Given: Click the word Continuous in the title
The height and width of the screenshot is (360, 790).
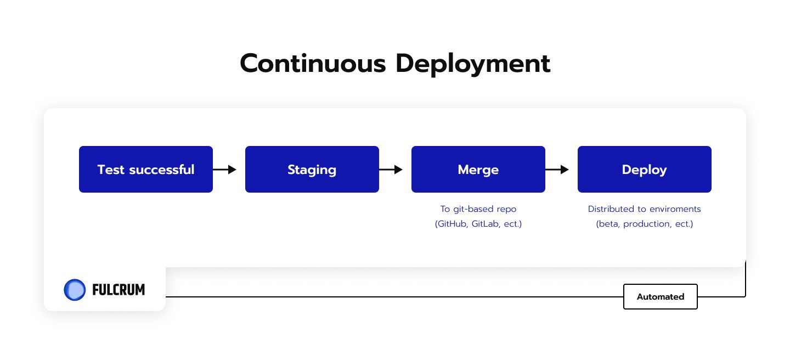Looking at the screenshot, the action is click(313, 64).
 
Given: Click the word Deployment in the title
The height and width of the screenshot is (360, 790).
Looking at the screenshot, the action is click(473, 64).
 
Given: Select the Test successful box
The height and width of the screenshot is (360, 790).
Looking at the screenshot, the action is click(146, 169).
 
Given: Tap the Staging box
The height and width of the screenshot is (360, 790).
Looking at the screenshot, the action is click(312, 169).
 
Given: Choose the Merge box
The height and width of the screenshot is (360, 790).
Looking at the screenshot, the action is click(478, 169).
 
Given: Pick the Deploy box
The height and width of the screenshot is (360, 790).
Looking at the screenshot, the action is click(644, 169).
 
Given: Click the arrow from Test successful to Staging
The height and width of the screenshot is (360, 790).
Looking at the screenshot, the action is click(225, 170).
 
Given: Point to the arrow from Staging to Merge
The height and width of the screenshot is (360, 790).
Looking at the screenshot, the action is click(391, 170).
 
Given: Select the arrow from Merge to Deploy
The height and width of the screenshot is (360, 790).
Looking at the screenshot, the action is click(557, 170).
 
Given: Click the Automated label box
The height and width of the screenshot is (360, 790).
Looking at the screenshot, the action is click(660, 296).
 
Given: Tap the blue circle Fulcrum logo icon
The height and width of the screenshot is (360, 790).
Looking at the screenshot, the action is click(75, 290).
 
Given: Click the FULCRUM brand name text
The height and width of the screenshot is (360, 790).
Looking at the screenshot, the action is click(119, 290).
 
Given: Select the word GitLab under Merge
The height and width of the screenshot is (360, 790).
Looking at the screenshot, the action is click(486, 224).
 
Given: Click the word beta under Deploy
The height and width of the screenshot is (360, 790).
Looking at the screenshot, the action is click(609, 224).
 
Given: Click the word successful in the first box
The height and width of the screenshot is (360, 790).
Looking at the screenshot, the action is click(162, 170).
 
